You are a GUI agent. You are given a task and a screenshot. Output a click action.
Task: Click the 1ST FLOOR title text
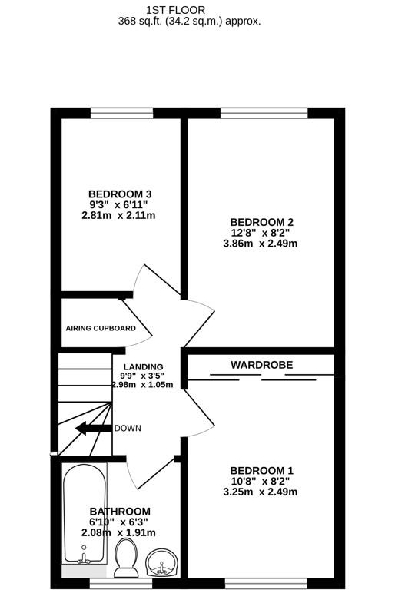click(176, 9)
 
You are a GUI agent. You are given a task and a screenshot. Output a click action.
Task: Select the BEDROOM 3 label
click(120, 194)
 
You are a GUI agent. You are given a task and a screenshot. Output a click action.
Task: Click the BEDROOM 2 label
click(261, 222)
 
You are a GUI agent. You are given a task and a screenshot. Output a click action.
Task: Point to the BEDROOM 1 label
click(261, 470)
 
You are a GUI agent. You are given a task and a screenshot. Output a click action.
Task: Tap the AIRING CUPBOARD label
click(101, 328)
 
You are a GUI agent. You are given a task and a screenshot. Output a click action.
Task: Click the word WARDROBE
click(262, 365)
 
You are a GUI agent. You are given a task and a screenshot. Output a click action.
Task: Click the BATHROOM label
click(120, 511)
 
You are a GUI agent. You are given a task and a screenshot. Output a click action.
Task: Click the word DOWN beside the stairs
click(128, 428)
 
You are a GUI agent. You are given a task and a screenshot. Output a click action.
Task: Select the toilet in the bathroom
click(125, 557)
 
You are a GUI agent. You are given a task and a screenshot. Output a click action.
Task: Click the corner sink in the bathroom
click(163, 563)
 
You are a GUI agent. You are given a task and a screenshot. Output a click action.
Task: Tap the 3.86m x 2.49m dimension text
click(261, 244)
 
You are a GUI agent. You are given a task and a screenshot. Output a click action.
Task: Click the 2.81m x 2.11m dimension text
click(120, 215)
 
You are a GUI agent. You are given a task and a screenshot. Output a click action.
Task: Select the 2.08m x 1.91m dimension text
click(120, 532)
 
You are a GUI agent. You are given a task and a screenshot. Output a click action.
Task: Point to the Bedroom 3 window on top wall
click(121, 113)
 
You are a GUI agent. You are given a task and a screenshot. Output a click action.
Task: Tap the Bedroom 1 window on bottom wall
click(265, 583)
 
